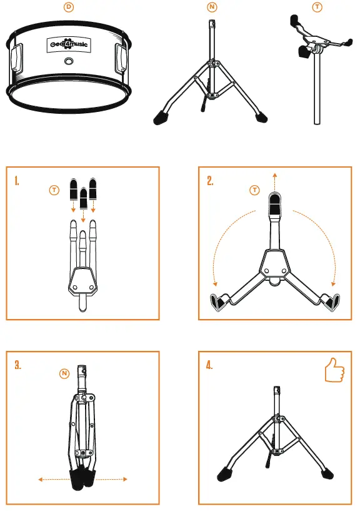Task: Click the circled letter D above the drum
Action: point(70,7)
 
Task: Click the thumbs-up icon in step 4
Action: point(334,371)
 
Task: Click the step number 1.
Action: point(17,181)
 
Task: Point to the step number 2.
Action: point(210,181)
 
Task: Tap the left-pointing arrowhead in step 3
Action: point(41,480)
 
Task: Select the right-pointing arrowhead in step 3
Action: point(126,480)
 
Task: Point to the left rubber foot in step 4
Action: point(225,473)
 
